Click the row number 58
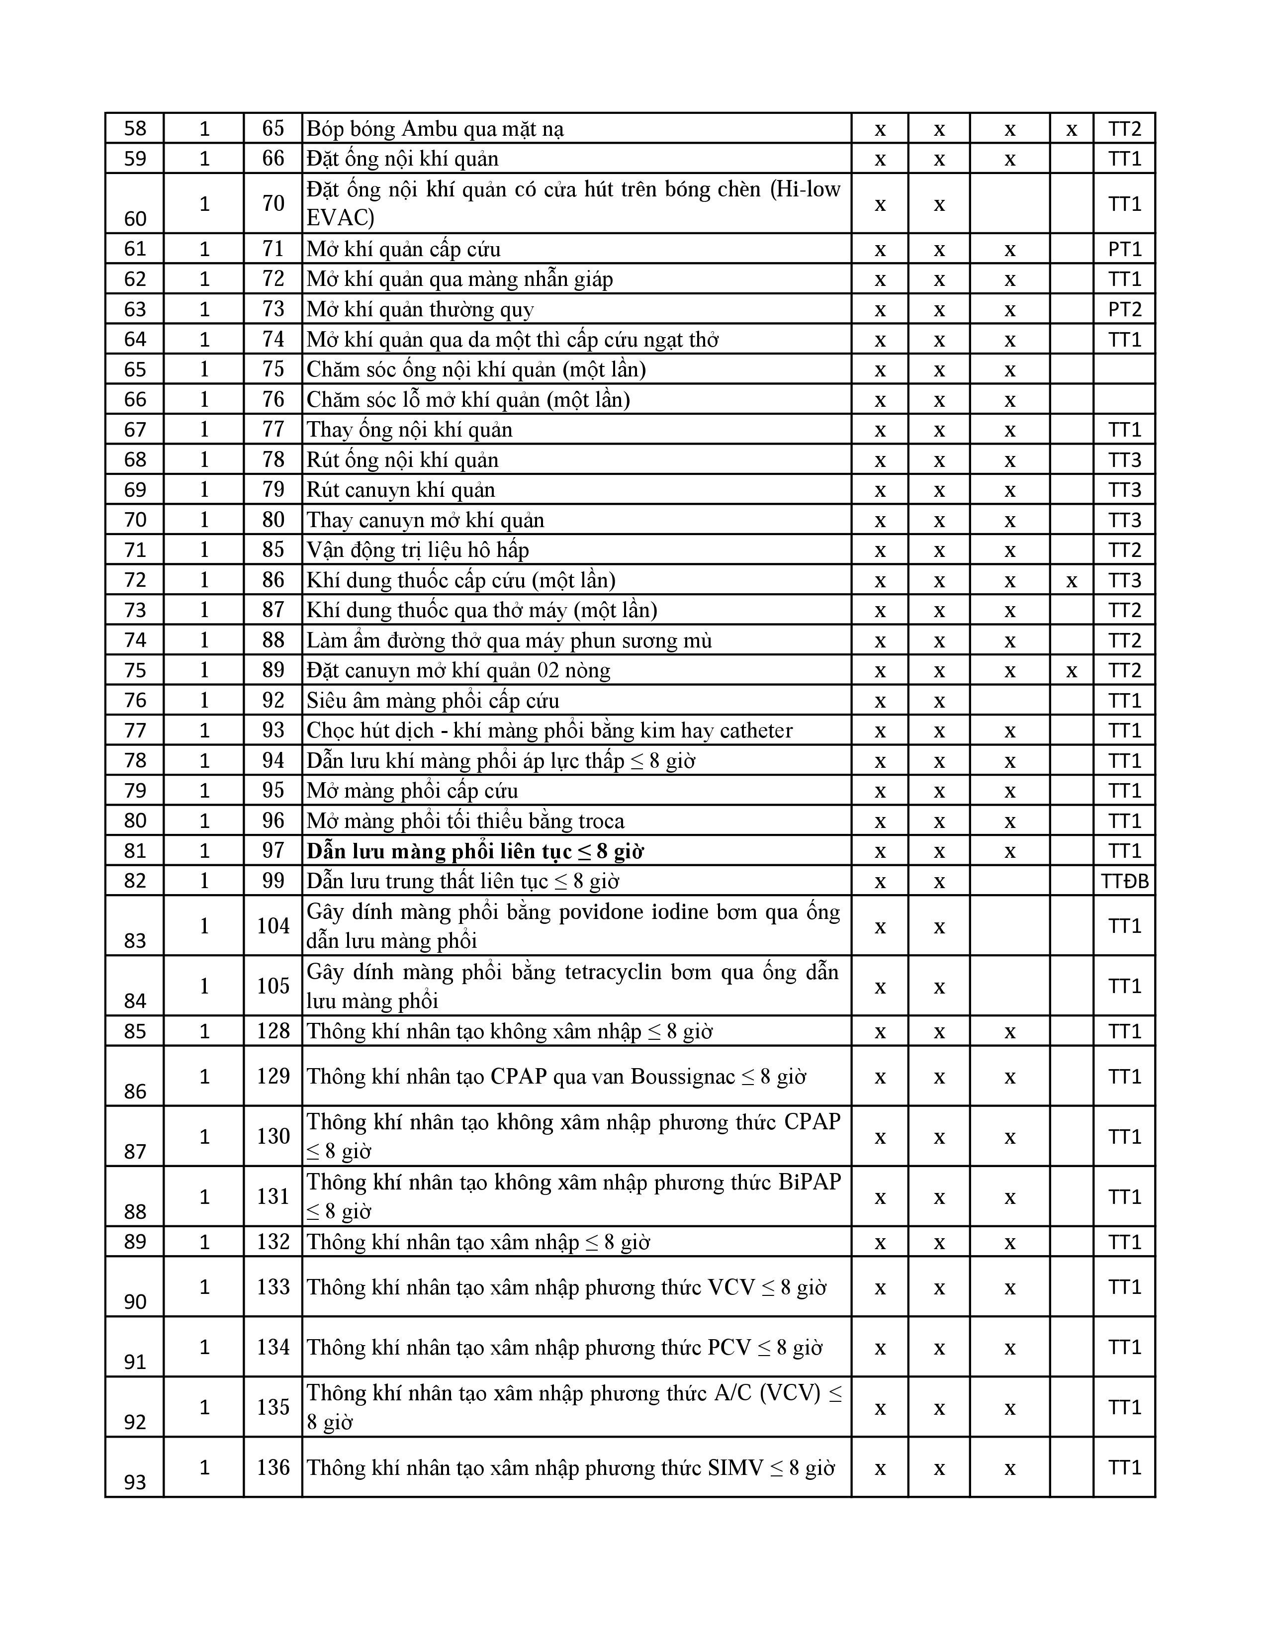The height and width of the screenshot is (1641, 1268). click(135, 128)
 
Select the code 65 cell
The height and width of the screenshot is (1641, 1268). click(272, 128)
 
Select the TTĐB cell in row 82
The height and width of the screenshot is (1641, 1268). click(1124, 881)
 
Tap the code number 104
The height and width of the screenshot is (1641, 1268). click(272, 926)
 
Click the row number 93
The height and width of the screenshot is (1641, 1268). click(135, 1482)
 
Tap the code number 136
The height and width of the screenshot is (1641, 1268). click(272, 1467)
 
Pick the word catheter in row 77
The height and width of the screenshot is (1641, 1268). click(756, 730)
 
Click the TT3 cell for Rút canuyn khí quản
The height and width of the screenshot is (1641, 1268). click(1124, 490)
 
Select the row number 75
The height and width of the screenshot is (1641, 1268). click(135, 670)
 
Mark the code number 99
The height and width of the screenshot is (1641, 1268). click(272, 881)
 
